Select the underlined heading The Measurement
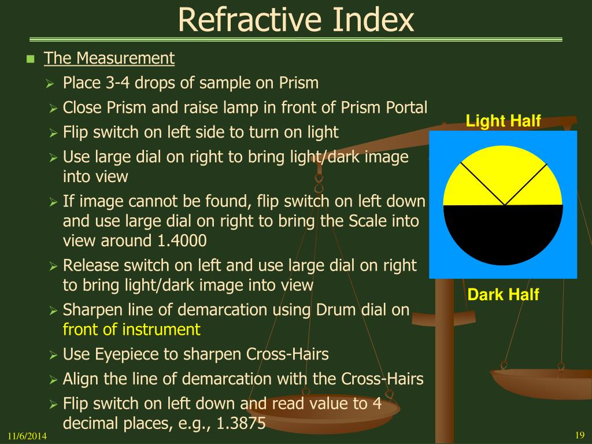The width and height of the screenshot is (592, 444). click(x=109, y=58)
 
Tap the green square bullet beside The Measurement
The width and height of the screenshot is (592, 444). click(x=31, y=59)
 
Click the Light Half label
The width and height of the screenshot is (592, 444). click(x=503, y=121)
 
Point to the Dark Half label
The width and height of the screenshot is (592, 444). click(x=503, y=294)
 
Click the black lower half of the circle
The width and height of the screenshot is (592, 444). click(x=503, y=234)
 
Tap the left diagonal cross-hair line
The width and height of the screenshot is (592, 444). click(x=482, y=184)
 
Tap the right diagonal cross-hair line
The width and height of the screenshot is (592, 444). click(x=526, y=184)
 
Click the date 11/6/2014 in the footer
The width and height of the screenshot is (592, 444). click(x=27, y=436)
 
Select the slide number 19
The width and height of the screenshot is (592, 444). click(x=580, y=435)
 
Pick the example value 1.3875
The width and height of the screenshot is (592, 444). click(x=241, y=423)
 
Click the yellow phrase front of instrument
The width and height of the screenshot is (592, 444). click(x=131, y=329)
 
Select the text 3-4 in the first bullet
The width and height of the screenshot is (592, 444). click(x=118, y=83)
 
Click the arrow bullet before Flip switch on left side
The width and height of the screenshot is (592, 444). click(x=53, y=134)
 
